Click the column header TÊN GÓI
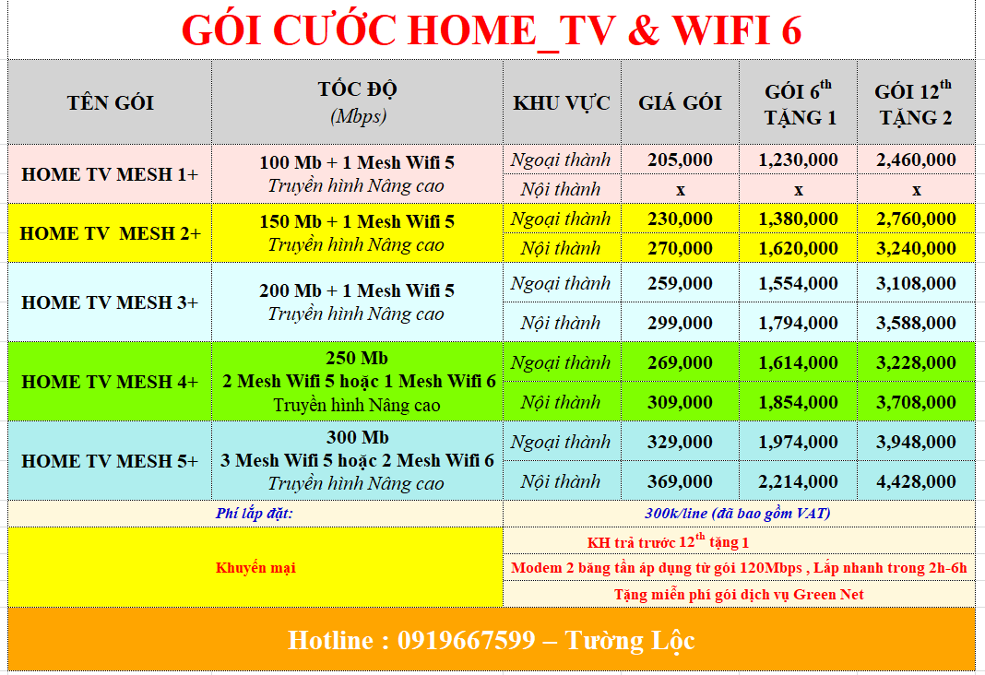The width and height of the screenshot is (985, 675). coord(110,102)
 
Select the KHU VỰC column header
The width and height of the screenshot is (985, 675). coord(561,103)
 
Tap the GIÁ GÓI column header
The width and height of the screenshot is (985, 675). coord(680,102)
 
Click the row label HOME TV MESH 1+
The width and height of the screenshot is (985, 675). coord(110,174)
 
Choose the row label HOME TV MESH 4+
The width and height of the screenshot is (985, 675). coord(110,381)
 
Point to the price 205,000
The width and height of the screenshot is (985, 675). coord(680,160)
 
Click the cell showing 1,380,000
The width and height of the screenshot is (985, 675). coord(798,219)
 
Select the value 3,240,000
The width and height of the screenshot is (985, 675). coord(916,248)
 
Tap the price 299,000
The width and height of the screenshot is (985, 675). coord(680,323)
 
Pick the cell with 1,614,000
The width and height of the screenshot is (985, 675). coord(798,362)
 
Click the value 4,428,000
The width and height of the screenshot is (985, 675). coord(916,481)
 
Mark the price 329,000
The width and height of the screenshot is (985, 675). coord(680,442)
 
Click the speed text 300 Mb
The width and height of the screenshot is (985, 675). coord(358,437)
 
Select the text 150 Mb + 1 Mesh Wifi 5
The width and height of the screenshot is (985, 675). coord(357,221)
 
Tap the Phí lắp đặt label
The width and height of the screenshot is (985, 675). coord(255,514)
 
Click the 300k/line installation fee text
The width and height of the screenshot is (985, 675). coord(738,514)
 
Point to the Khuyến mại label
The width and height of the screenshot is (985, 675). coord(255,568)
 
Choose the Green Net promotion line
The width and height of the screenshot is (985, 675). coord(739,594)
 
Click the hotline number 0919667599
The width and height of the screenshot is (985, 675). coord(466,641)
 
